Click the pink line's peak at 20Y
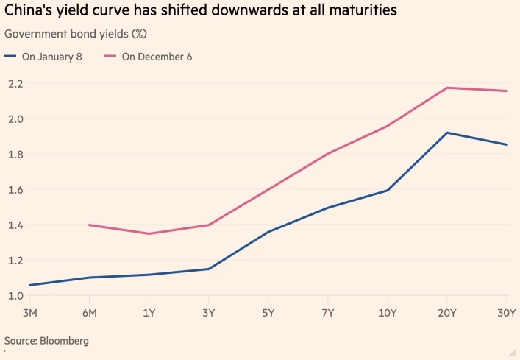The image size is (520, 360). click(x=448, y=88)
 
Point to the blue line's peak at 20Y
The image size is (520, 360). click(x=448, y=133)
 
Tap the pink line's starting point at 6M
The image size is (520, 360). click(x=89, y=225)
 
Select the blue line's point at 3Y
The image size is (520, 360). click(x=209, y=269)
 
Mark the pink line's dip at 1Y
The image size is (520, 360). click(x=149, y=233)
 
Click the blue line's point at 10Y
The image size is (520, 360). click(x=388, y=191)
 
